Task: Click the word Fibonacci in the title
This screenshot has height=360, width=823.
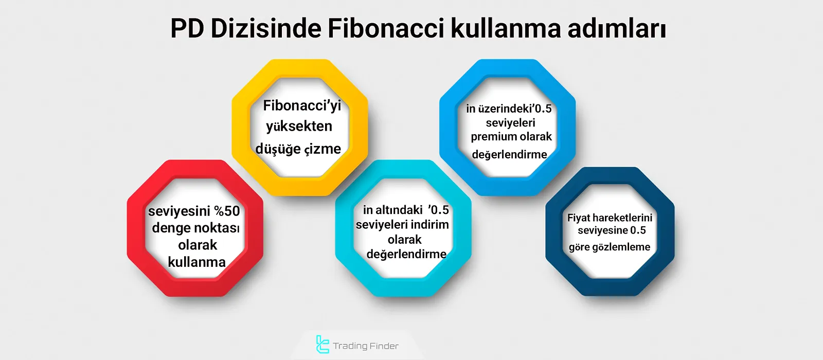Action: (386, 28)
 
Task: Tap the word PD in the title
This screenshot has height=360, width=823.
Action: (187, 28)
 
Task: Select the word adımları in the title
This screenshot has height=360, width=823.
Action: (617, 28)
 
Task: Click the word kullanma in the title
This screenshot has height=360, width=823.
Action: (506, 28)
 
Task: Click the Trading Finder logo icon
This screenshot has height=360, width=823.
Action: (323, 345)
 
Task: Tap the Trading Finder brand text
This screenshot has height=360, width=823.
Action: (365, 346)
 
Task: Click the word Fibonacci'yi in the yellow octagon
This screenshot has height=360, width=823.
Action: (302, 106)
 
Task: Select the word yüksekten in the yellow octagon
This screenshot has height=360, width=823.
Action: (299, 127)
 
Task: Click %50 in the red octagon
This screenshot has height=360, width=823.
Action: (227, 211)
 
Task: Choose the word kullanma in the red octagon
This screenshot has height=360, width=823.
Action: (196, 262)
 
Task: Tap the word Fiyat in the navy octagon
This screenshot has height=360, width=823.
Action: (579, 218)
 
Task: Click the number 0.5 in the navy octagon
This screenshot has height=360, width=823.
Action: (638, 230)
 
